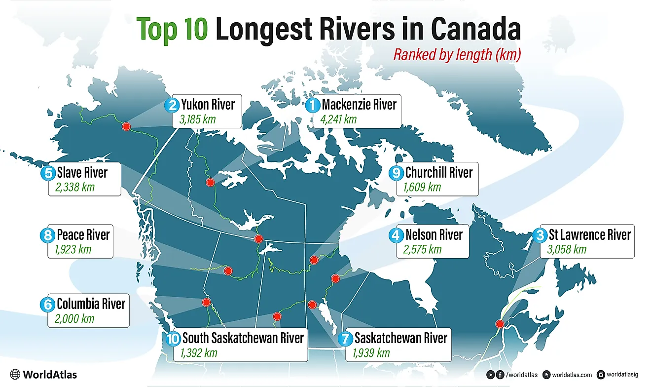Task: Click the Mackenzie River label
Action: coord(359,105)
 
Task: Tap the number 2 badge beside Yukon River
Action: coord(172,105)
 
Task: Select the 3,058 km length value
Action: coord(567,249)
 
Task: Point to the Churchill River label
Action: coord(438,172)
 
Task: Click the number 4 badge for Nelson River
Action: coord(396,235)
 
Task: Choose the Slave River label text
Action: coord(82,172)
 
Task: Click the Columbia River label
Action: coord(91,303)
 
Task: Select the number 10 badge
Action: coord(173,339)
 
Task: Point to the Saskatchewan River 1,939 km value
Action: coord(371,353)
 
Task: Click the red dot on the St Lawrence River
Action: coord(500,324)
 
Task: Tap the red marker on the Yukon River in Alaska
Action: coord(126,127)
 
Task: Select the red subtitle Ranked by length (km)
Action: coord(457,55)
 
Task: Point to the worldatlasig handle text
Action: coord(625,375)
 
